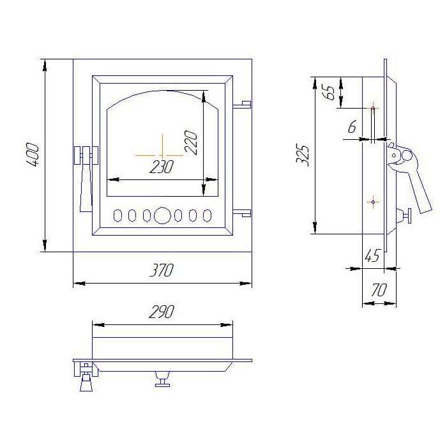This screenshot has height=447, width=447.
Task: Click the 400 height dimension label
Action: click(x=33, y=155)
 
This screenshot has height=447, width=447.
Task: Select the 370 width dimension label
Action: click(x=162, y=270)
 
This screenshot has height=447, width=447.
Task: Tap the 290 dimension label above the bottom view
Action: click(x=162, y=312)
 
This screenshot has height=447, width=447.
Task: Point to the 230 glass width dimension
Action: click(x=162, y=167)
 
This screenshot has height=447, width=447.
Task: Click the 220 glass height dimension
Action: click(x=191, y=142)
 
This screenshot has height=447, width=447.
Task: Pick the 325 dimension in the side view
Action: click(x=303, y=155)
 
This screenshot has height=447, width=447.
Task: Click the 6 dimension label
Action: click(x=352, y=126)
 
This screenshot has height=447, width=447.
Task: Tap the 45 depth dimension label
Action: click(x=372, y=255)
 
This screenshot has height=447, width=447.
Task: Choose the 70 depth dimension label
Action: click(x=379, y=290)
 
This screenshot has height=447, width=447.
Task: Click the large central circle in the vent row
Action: click(x=162, y=216)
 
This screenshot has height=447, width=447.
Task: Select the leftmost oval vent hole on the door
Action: click(x=117, y=216)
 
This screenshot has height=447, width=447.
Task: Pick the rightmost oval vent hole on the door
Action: click(x=207, y=216)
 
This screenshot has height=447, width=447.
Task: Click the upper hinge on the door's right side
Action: click(x=242, y=105)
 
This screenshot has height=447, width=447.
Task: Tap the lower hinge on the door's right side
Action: click(x=242, y=213)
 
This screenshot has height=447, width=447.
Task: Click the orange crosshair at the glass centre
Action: click(x=162, y=155)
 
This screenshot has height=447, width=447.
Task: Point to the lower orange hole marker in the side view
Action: click(x=373, y=202)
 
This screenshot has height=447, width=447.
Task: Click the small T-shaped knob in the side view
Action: click(x=405, y=216)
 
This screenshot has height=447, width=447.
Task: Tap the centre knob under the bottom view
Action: click(x=162, y=379)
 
